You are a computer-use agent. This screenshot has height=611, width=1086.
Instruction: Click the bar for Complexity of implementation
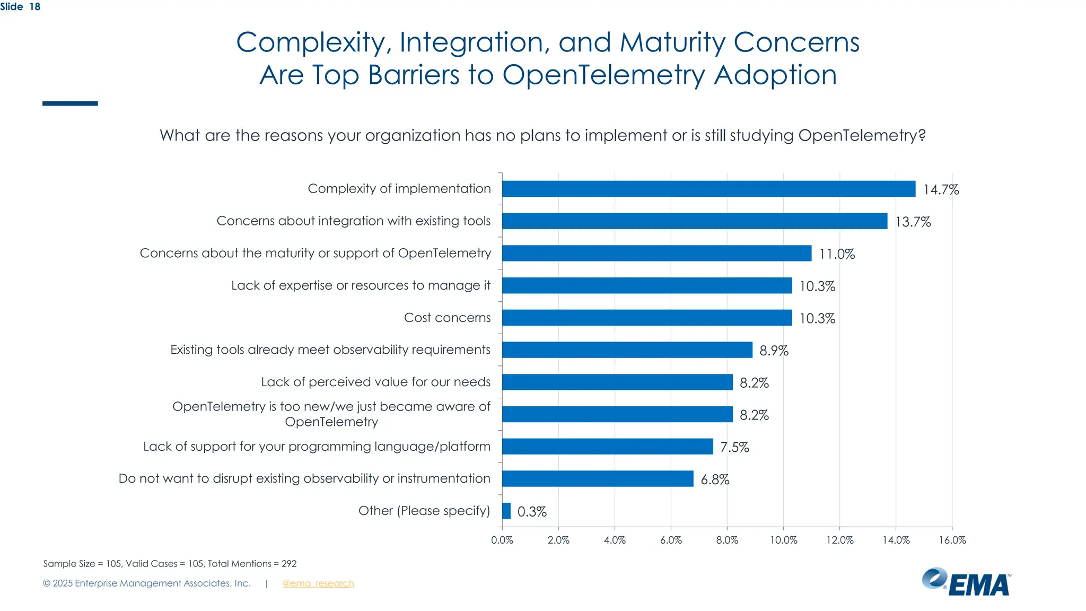click(708, 189)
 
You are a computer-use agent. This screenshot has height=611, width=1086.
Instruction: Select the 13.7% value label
click(913, 222)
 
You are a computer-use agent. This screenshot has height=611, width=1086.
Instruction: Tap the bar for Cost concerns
click(646, 318)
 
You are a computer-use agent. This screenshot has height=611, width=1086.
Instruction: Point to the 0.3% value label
click(531, 512)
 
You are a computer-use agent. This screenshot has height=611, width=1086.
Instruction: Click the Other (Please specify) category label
click(424, 511)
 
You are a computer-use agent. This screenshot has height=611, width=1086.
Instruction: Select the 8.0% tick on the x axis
click(727, 540)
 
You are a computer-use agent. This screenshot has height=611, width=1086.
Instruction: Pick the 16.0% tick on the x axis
click(952, 540)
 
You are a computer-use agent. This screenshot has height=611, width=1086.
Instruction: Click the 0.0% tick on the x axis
click(502, 540)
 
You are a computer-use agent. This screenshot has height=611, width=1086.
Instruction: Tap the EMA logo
click(966, 582)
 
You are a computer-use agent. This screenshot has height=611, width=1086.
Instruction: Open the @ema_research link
click(318, 583)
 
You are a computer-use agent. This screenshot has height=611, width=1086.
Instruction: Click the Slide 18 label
click(20, 7)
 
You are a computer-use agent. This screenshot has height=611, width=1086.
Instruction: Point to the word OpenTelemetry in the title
click(603, 75)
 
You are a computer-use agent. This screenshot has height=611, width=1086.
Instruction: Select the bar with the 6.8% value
click(597, 479)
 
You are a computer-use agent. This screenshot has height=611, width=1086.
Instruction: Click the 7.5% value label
click(734, 448)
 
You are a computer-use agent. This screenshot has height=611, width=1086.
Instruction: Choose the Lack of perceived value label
click(375, 382)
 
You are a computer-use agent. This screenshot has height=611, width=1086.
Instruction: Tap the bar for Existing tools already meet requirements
click(627, 350)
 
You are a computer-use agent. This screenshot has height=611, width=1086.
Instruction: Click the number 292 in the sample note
click(289, 564)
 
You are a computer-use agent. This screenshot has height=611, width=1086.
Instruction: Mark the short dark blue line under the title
click(70, 103)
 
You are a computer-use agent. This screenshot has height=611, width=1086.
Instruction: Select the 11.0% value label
click(837, 254)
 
